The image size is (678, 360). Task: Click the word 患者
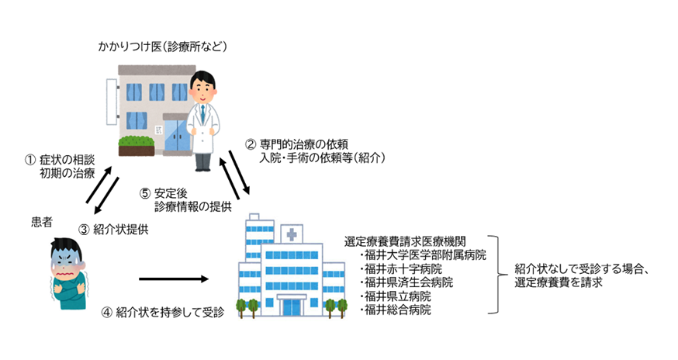[43, 222]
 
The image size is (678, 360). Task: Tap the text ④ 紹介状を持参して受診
[162, 313]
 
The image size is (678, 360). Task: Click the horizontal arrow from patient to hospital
[175, 279]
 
